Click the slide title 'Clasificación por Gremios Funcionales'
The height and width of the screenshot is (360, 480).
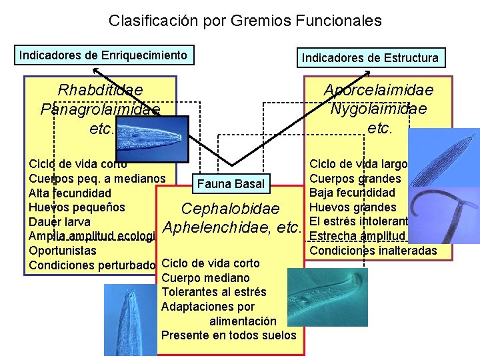[x=245, y=21]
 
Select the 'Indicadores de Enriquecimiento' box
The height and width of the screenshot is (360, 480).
[x=103, y=55]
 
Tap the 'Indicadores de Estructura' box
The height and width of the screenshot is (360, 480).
[x=370, y=58]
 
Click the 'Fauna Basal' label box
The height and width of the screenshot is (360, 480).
[x=231, y=183]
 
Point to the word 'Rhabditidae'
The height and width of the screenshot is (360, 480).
[x=101, y=90]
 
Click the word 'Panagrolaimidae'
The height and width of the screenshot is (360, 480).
[x=100, y=109]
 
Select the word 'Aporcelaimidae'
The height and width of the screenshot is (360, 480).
[x=378, y=90]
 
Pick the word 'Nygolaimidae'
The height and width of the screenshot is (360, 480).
[x=378, y=108]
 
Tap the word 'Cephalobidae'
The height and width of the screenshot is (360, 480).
[x=230, y=209]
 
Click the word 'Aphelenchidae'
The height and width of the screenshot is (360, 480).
[x=219, y=227]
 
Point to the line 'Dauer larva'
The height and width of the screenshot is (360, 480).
[x=59, y=221]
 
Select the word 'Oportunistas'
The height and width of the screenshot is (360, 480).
[x=63, y=251]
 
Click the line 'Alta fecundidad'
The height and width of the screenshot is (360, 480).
[x=70, y=193]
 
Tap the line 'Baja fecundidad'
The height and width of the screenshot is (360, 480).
[x=353, y=193]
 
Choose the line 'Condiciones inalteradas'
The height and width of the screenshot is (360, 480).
[x=373, y=251]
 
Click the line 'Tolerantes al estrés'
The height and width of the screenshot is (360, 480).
[x=214, y=292]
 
